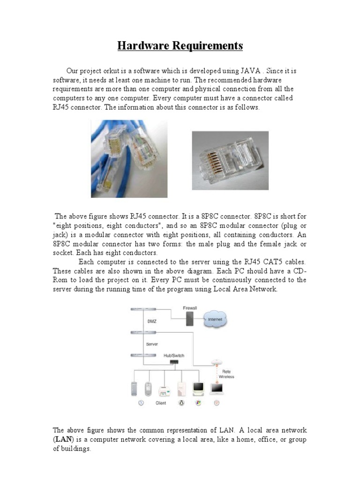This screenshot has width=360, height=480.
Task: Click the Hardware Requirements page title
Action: click(180, 46)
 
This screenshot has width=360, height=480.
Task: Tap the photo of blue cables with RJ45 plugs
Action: click(129, 159)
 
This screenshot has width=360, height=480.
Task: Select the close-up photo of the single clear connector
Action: click(230, 160)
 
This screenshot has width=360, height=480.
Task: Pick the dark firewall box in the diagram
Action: click(190, 319)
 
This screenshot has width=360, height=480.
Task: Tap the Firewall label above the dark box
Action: click(190, 308)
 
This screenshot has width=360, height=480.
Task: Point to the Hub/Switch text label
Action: click(174, 355)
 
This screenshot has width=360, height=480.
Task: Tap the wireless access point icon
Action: click(217, 362)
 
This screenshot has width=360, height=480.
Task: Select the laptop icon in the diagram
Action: click(217, 388)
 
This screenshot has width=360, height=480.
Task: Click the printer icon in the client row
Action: click(164, 389)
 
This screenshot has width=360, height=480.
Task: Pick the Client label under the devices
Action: click(161, 403)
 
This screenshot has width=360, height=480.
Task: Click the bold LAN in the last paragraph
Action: click(62, 440)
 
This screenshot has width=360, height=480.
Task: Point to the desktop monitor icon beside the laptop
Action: click(199, 388)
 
